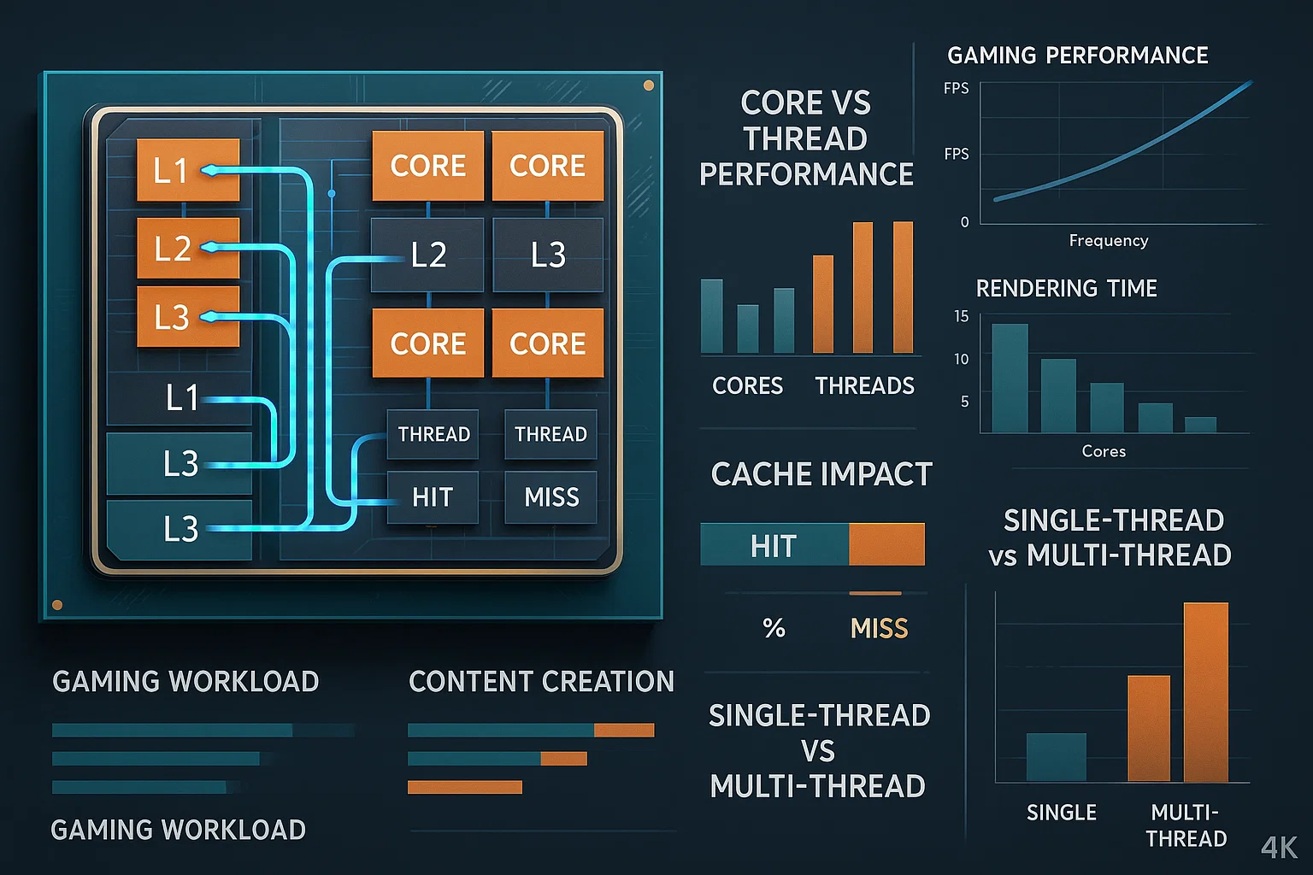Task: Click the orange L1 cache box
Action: coord(188,170)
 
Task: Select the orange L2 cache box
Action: coord(188,248)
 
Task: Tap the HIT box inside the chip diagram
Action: coord(432,497)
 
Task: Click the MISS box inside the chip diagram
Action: coord(551,497)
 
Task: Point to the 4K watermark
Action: coord(1279,847)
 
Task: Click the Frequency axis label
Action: coord(1108,241)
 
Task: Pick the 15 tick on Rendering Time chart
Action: coord(962,316)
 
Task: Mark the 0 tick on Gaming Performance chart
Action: coord(965,222)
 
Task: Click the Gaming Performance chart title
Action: coord(1077,56)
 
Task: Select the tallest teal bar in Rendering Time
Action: coord(1010,378)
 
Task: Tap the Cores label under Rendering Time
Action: coord(1104,451)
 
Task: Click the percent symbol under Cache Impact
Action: coord(774,629)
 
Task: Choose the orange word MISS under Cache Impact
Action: coord(879,629)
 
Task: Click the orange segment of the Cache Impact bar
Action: coord(886,544)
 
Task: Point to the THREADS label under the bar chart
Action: coord(864,386)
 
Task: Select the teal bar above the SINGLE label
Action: coord(1056,757)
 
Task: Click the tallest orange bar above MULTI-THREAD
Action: coord(1205,692)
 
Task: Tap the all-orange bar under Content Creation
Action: coord(464,787)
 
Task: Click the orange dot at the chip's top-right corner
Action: coord(649,85)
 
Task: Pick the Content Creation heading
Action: coord(541,682)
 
